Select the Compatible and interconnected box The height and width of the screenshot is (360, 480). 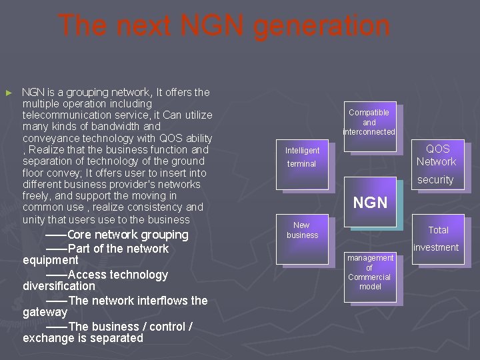[x=369, y=122]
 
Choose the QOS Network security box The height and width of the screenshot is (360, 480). [x=437, y=163]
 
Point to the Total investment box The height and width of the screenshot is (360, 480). [x=437, y=238]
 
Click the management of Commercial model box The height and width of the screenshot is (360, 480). [x=369, y=272]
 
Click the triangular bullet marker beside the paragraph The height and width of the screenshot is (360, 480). [x=9, y=93]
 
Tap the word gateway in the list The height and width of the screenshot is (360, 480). [x=45, y=312]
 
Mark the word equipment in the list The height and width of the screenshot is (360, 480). [x=50, y=260]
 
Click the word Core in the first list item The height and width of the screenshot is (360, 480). [x=79, y=235]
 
